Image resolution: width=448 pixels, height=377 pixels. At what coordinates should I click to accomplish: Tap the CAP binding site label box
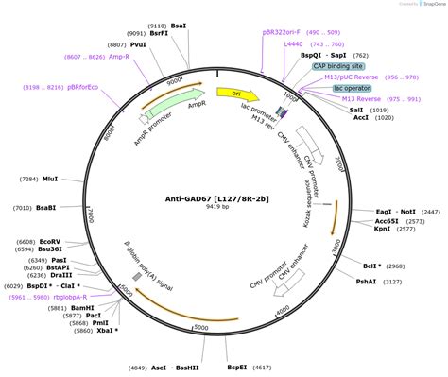(344, 66)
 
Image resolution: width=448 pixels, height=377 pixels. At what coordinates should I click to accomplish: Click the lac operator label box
(351, 88)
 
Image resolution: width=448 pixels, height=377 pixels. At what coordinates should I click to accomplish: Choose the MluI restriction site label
(51, 179)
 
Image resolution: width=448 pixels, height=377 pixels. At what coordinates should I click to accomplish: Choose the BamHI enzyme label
(82, 308)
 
